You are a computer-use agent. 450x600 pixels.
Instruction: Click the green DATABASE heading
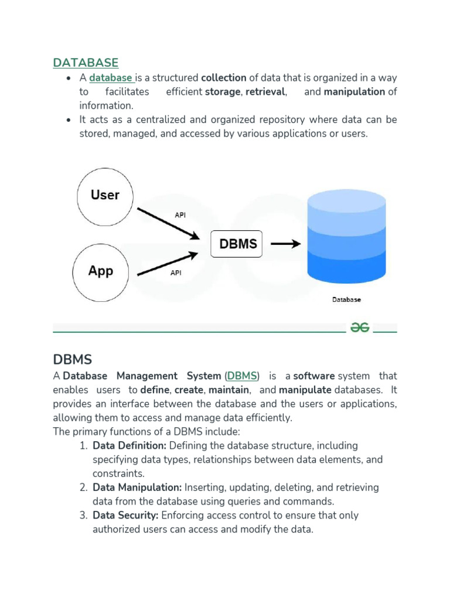[86, 63]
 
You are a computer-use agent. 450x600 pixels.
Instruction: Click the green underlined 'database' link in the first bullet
[111, 77]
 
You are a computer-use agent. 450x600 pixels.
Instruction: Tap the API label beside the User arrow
[180, 215]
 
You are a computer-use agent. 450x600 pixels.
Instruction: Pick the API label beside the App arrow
[175, 272]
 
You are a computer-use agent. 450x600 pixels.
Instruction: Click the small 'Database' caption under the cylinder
[346, 299]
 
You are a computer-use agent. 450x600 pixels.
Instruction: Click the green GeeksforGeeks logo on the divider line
[360, 328]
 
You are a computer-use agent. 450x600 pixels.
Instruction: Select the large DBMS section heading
[73, 359]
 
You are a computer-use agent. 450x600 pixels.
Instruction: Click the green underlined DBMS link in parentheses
[241, 376]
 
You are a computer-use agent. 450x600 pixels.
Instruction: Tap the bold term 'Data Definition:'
[129, 446]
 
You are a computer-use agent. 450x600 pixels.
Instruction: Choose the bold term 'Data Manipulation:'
[137, 487]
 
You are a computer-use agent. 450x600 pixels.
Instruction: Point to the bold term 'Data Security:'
[125, 516]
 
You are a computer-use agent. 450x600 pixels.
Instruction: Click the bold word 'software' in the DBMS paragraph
[314, 376]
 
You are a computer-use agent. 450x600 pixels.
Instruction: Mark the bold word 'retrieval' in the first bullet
[265, 92]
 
